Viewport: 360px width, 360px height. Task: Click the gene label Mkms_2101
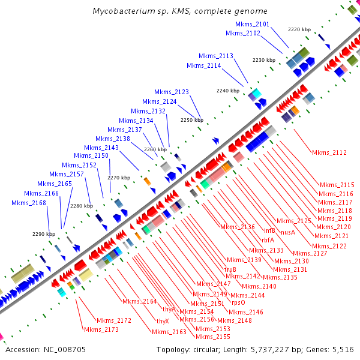point(252,24)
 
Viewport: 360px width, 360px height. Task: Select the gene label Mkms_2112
point(329,152)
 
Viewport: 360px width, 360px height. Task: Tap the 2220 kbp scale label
point(299,29)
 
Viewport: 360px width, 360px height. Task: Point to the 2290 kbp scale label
point(43,234)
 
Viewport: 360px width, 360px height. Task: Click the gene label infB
point(269,230)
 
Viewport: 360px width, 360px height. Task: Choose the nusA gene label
point(288,232)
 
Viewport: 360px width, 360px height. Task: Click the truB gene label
point(230,269)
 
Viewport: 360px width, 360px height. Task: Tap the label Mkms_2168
point(29,203)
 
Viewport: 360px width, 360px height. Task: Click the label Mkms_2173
point(101,329)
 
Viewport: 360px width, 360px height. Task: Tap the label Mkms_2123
point(172,92)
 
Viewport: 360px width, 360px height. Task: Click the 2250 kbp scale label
point(192,120)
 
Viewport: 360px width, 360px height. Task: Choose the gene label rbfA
point(268,240)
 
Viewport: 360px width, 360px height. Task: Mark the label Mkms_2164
point(139,301)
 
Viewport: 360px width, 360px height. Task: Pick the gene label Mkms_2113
point(217,56)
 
